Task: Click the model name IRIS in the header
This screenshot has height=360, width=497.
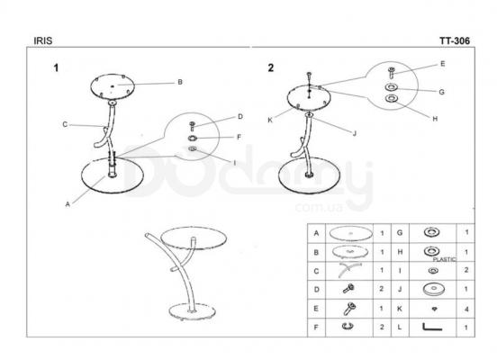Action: pos(43,40)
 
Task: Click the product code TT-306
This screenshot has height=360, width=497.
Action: pos(455,40)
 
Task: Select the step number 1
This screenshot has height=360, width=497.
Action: pos(56,67)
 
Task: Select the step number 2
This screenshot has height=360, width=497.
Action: pos(271,67)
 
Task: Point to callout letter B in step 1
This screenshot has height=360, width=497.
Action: pos(180,82)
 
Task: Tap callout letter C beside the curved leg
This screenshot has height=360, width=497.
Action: pos(65,124)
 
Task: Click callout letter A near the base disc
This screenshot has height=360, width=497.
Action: pos(68,204)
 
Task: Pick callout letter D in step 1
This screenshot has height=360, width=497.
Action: pos(240,117)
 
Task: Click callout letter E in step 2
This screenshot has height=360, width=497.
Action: pos(443,64)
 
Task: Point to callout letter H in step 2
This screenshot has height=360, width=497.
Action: pos(435,119)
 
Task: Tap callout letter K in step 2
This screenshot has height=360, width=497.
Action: pos(270,120)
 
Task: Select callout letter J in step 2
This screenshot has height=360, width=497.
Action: pos(355,133)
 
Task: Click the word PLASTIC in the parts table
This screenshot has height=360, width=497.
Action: pos(445,259)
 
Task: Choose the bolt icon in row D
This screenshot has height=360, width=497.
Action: pos(348,288)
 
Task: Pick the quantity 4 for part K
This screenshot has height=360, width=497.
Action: pos(466,309)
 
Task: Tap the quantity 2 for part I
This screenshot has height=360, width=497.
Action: pos(466,270)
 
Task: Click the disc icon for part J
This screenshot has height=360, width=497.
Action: pos(434,289)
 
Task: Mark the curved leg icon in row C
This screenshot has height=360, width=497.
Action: pos(349,269)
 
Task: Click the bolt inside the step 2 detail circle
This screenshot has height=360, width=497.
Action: pos(392,73)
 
